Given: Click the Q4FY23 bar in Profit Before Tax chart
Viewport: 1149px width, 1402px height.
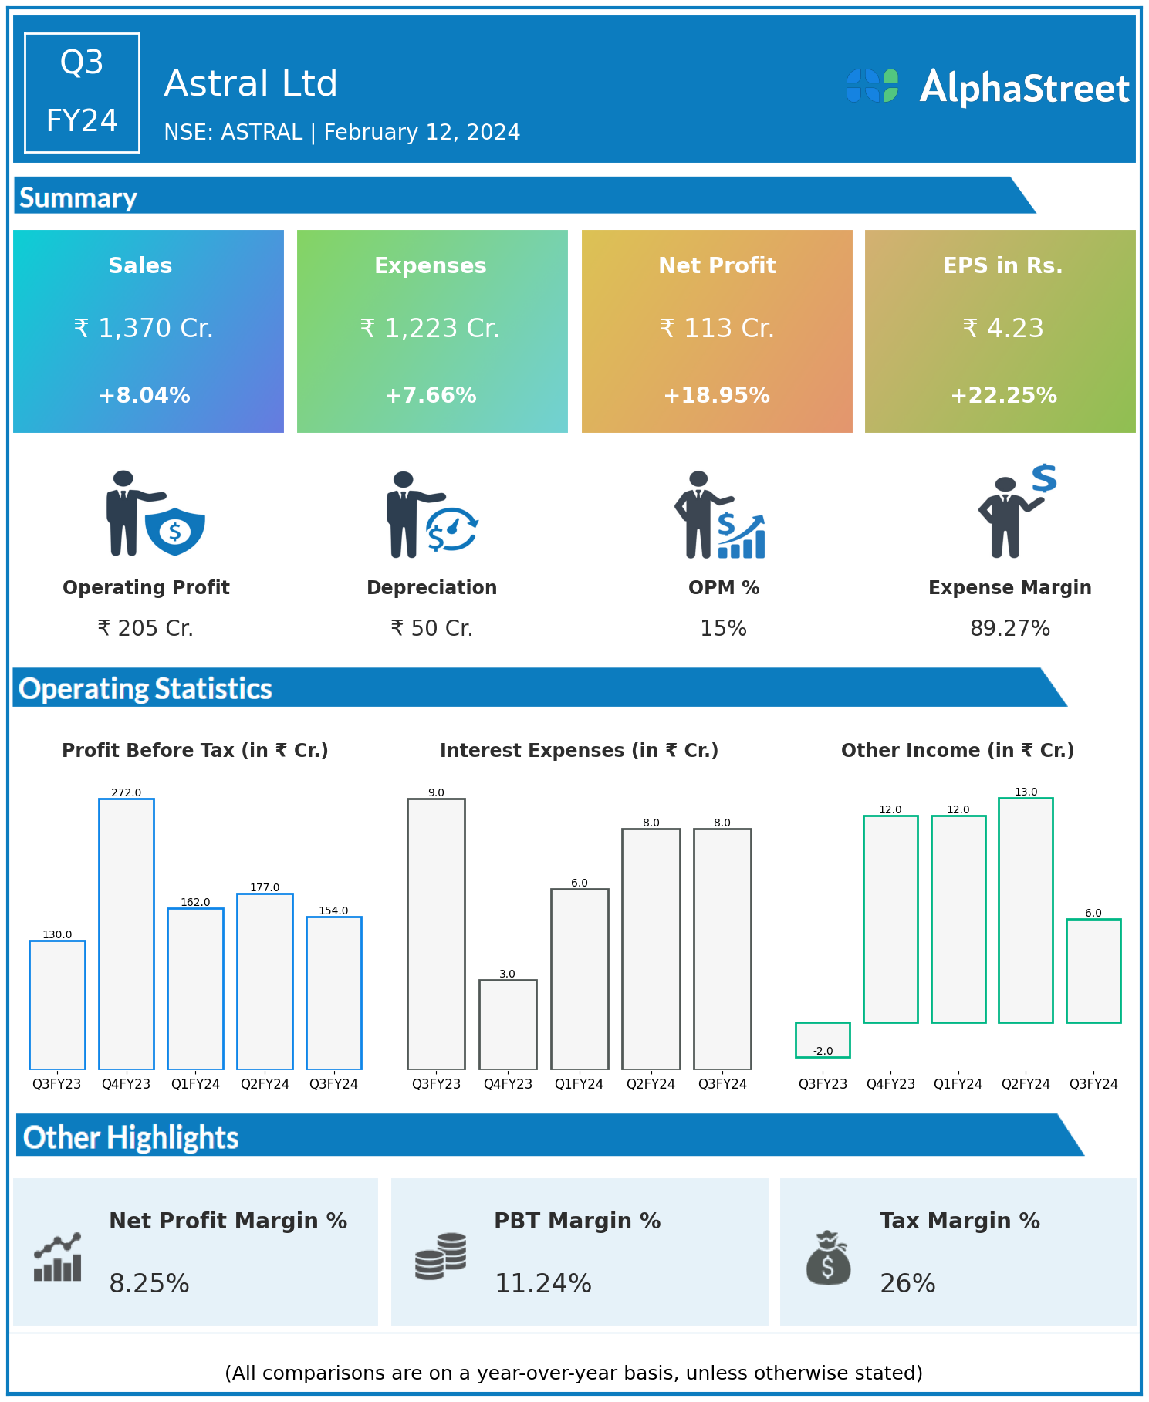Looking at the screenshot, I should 127,934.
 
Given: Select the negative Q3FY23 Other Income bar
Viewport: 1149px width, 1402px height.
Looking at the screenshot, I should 823,1039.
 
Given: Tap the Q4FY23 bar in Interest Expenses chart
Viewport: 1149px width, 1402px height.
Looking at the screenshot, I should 508,1025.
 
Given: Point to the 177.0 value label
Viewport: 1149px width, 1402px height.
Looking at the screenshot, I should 265,887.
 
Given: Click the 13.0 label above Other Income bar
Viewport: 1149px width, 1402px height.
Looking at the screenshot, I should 1026,792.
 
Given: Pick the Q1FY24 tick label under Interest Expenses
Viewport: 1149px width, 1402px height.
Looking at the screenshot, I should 579,1084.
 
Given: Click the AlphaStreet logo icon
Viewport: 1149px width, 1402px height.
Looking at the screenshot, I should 872,86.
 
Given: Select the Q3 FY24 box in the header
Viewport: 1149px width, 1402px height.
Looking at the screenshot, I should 82,93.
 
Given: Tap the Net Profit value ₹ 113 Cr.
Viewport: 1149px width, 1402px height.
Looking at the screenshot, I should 717,329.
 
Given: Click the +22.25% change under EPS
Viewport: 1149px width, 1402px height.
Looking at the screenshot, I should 1003,395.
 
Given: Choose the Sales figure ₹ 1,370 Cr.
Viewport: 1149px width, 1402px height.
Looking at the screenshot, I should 144,329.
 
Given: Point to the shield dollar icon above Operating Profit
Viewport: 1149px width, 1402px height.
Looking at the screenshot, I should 175,531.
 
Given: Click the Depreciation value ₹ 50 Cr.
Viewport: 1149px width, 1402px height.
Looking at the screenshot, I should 431,628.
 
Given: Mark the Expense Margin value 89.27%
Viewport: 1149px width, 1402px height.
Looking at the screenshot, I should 1010,628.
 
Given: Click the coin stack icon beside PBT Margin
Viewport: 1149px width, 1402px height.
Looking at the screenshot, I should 441,1256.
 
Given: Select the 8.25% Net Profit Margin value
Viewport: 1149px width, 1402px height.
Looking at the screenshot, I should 149,1283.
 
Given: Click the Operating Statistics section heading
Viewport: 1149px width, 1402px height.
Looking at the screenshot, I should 146,688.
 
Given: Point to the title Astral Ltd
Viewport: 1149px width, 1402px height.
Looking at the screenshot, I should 251,83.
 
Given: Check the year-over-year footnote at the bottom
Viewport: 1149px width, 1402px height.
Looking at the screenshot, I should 573,1373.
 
